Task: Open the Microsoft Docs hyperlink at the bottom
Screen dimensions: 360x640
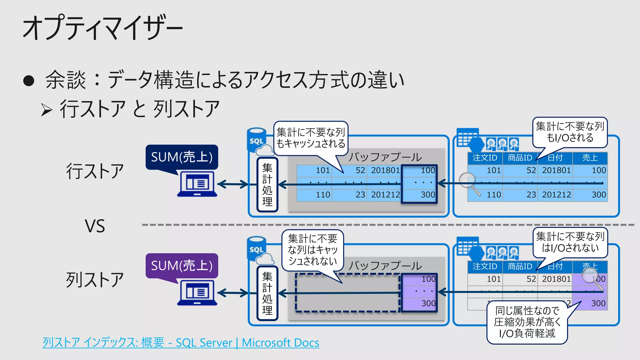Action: [181, 342]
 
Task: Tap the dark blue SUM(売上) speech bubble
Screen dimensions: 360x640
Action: [182, 157]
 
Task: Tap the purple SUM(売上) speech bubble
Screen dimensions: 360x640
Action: [182, 266]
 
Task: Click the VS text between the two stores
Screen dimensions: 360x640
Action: [95, 226]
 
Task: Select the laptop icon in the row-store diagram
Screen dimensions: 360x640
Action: [197, 184]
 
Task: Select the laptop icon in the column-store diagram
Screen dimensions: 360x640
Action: [197, 293]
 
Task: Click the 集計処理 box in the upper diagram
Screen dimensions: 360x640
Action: [267, 185]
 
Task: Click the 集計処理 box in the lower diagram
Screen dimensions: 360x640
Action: [267, 293]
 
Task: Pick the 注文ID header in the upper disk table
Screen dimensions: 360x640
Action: [485, 158]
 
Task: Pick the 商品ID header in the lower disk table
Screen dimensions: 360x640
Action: [520, 266]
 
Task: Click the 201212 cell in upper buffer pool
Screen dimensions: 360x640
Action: [385, 195]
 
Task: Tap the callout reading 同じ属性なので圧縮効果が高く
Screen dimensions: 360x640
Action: [527, 322]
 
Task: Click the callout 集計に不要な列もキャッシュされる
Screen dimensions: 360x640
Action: [311, 138]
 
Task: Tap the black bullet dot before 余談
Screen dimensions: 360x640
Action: [28, 81]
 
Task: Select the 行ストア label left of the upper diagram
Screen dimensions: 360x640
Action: [95, 171]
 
